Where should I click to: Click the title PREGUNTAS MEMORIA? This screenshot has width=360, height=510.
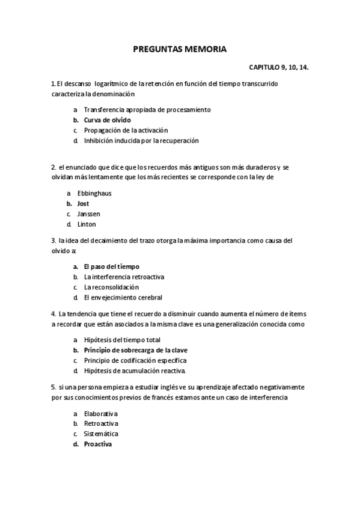click(180, 51)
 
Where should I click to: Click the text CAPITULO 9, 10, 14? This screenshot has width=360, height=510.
click(278, 69)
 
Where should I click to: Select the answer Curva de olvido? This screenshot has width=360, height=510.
click(107, 120)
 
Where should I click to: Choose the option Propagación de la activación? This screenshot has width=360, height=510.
click(126, 131)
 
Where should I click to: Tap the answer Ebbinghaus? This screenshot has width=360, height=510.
click(94, 194)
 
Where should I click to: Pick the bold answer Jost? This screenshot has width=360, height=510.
click(83, 204)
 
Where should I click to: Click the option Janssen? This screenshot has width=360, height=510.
click(89, 214)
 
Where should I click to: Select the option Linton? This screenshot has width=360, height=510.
click(87, 224)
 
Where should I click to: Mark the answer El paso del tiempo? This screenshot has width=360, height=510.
click(112, 266)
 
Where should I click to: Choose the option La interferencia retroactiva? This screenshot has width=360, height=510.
click(124, 277)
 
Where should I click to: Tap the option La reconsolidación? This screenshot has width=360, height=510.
click(115, 287)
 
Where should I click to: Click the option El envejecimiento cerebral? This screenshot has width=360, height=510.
click(123, 298)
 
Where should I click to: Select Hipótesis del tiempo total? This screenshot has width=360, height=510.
click(122, 340)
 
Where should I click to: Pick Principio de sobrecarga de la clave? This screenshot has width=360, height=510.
click(135, 350)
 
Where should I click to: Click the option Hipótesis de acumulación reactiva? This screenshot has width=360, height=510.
click(135, 370)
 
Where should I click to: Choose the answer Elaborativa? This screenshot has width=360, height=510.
click(100, 414)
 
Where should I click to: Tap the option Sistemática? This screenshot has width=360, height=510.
click(101, 434)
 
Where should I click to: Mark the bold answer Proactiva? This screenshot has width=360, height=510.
click(97, 444)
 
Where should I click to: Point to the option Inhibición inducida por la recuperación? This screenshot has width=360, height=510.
click(141, 141)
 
